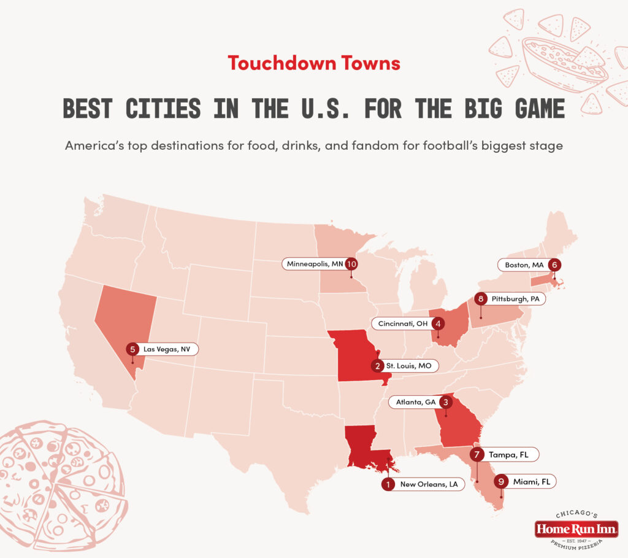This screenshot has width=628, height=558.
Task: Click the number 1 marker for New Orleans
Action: tap(387, 484)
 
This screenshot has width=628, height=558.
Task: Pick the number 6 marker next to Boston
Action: tap(554, 265)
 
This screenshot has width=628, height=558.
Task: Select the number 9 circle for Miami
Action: tap(501, 482)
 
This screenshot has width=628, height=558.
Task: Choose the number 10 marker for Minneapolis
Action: tap(351, 264)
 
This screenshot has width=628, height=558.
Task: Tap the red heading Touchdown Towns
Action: tap(313, 63)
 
